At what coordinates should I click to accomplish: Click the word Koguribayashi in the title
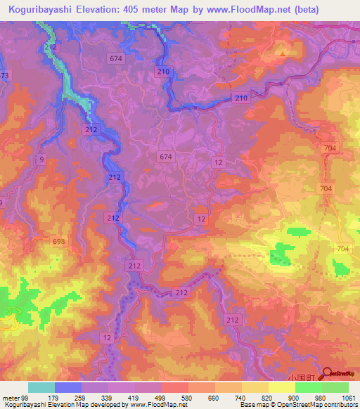42,9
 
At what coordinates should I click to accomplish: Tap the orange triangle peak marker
283,52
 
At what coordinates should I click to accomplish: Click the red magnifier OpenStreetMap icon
326,375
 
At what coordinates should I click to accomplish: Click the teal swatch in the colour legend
41,387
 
